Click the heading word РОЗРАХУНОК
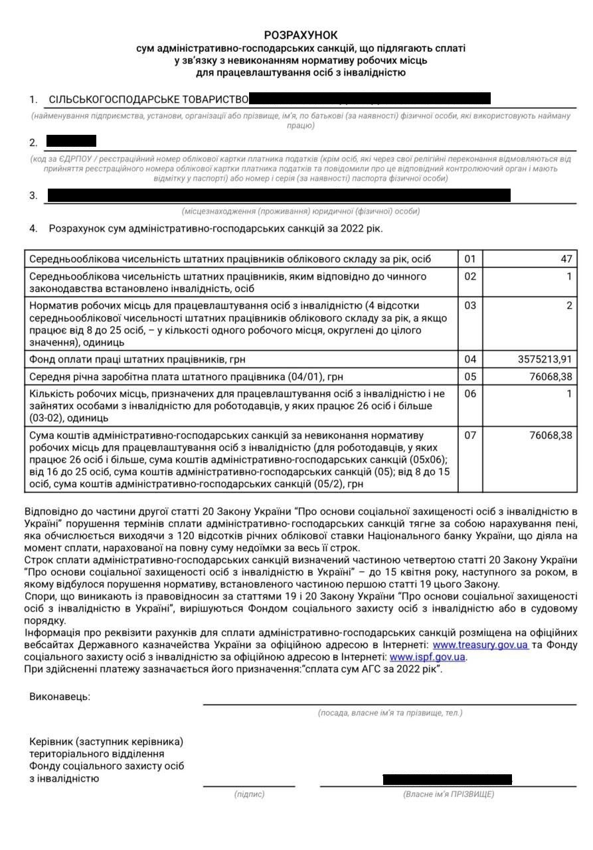301,35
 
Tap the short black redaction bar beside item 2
71,141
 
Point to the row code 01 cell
470,258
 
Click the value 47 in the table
564,258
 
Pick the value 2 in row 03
568,306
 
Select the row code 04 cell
470,359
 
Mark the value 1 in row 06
568,393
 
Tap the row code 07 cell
470,436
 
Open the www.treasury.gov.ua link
480,645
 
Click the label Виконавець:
60,697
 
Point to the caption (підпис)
249,794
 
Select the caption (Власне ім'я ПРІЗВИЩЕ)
448,794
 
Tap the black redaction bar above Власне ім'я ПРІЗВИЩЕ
447,779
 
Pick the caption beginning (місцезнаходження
301,211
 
